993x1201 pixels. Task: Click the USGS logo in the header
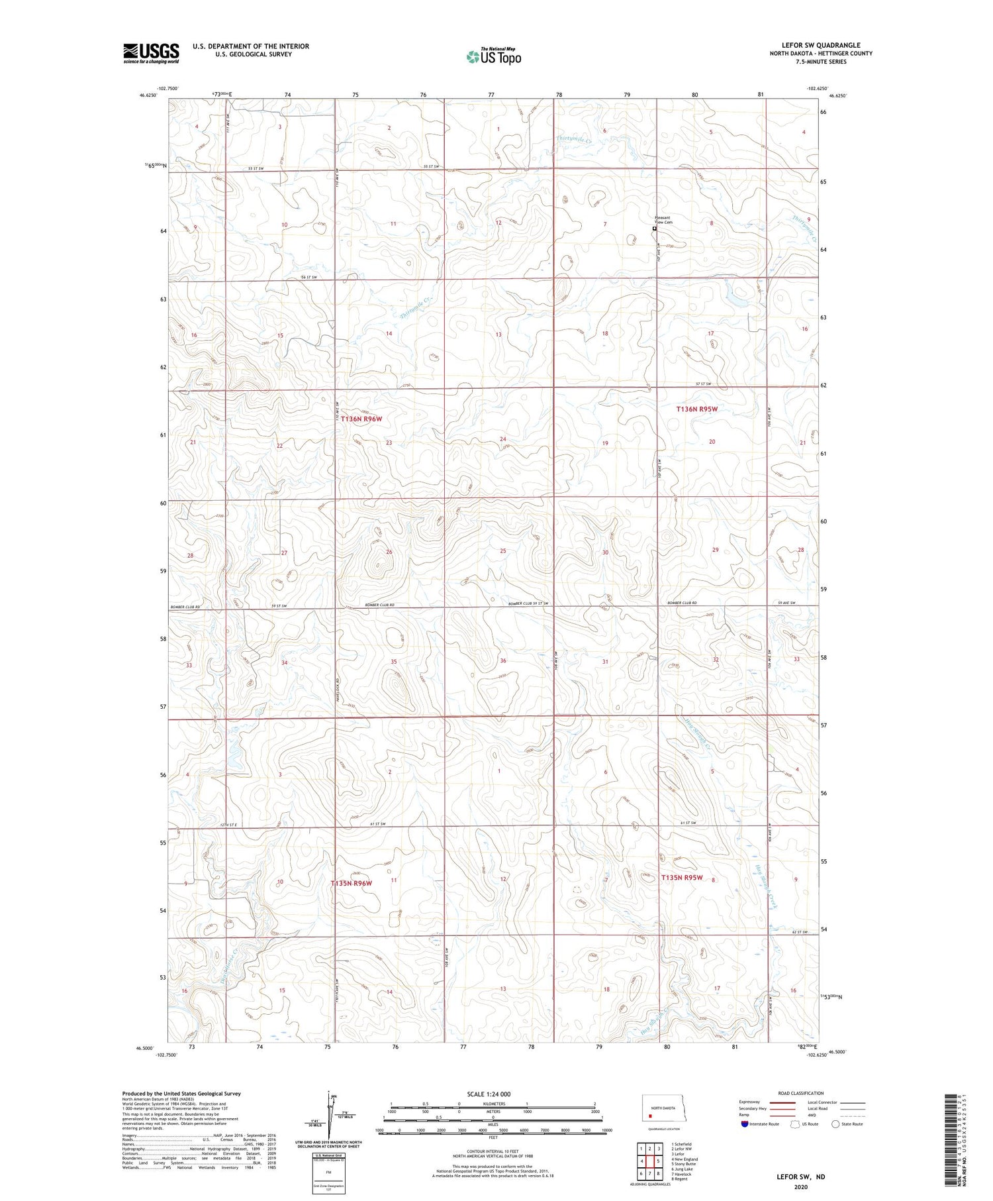coord(151,53)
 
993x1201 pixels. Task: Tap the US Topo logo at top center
coord(493,57)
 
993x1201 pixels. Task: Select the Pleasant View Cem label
coord(663,220)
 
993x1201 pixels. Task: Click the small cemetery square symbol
coord(655,229)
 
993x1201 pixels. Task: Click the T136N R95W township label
coord(696,409)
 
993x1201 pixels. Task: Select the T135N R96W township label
coord(352,883)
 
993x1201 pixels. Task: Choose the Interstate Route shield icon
coord(745,1123)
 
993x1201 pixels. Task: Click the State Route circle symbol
coord(835,1123)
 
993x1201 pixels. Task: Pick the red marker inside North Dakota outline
coord(650,1114)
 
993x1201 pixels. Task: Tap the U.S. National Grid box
coord(328,1173)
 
